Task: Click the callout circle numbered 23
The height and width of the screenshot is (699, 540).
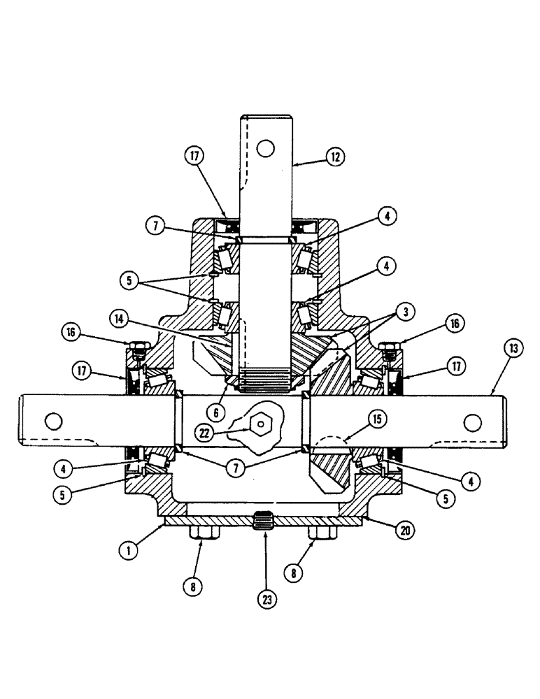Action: (265, 598)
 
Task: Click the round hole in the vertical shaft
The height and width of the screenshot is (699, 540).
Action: (264, 147)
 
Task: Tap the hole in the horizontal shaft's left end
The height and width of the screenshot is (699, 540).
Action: (51, 421)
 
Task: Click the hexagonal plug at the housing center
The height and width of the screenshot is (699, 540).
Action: (261, 422)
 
